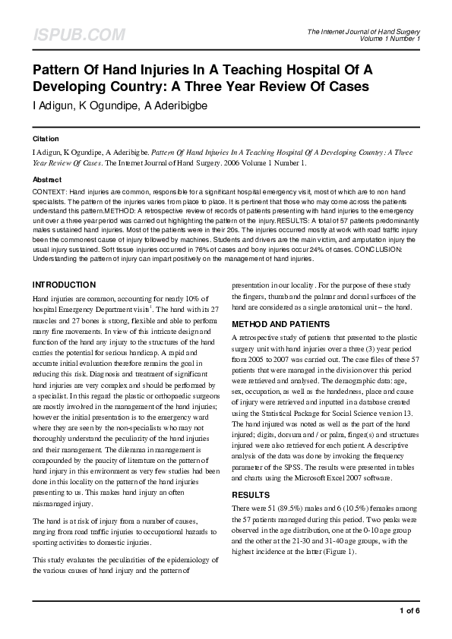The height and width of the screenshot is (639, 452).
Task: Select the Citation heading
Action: (46, 140)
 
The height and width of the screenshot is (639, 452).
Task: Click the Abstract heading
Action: (47, 179)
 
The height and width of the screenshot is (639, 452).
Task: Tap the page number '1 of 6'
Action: (409, 610)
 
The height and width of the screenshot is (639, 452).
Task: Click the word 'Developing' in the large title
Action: (77, 87)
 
